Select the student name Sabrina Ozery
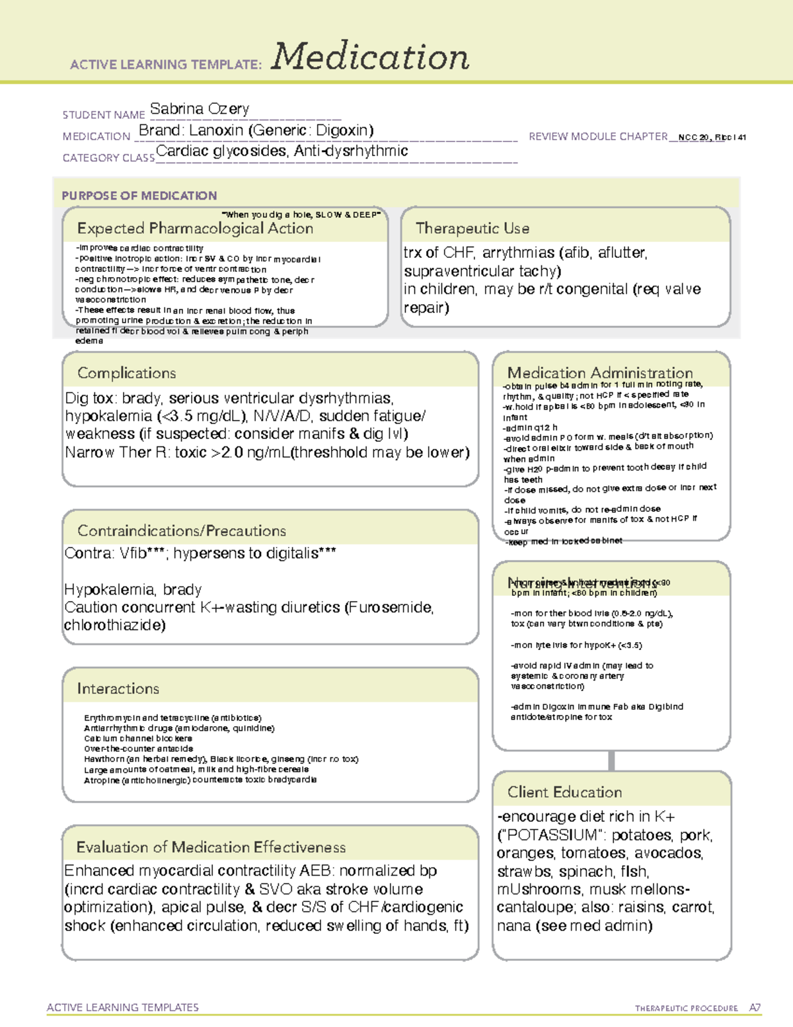click(199, 108)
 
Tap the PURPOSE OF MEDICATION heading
click(139, 196)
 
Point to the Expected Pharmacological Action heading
click(195, 228)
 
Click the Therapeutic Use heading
click(472, 228)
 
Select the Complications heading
click(126, 373)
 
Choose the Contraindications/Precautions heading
click(181, 530)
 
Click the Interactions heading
click(118, 688)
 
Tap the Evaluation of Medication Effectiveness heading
click(211, 847)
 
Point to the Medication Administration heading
click(599, 373)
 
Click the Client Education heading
click(564, 792)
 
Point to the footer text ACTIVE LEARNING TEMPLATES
click(122, 1007)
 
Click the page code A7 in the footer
click(755, 1008)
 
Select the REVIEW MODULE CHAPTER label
click(597, 136)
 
